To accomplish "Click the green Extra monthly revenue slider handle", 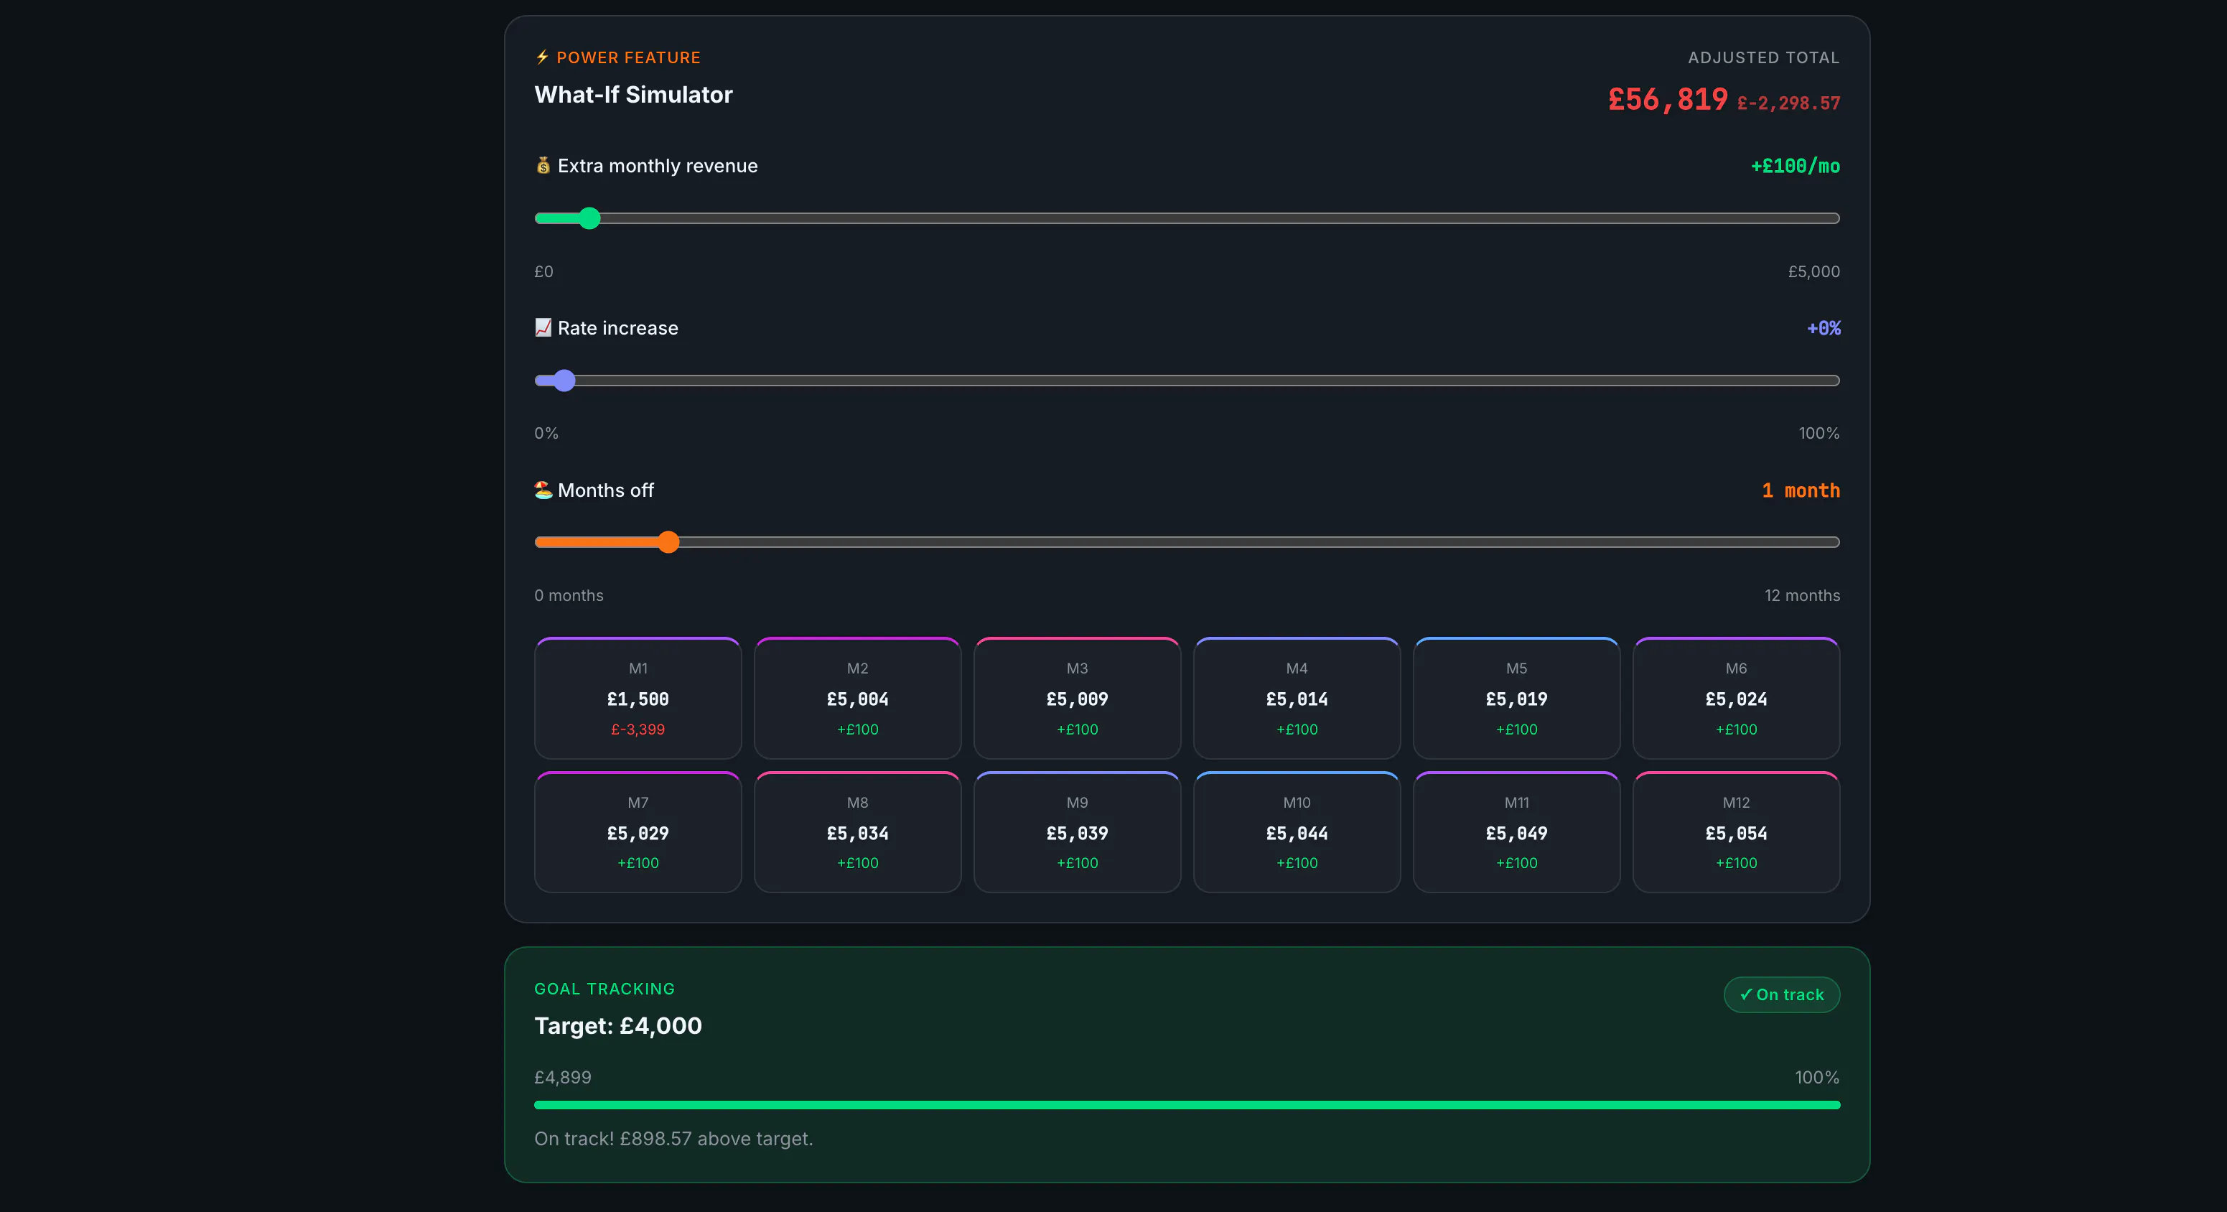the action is [x=589, y=218].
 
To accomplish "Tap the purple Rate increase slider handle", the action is [x=564, y=381].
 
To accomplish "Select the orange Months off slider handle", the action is [x=668, y=542].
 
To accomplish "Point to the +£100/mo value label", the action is [x=1795, y=166].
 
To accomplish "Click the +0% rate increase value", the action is [x=1824, y=329].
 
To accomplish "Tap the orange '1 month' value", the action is [x=1801, y=490].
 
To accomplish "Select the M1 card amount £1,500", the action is [x=638, y=699].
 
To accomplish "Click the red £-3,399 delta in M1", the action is [x=638, y=729].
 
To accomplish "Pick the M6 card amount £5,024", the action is [x=1736, y=699].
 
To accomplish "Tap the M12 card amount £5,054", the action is [x=1736, y=834].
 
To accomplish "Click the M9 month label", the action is [x=1077, y=802].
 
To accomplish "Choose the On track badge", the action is [x=1782, y=995].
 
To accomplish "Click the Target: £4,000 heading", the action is [x=618, y=1026].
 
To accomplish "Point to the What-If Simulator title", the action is [x=634, y=95].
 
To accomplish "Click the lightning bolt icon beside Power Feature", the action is [x=542, y=57].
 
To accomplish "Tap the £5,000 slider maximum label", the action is [x=1813, y=271].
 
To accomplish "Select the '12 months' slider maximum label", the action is [x=1802, y=596].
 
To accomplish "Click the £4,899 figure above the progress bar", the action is [x=563, y=1077].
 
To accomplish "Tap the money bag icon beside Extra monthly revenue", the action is [x=543, y=165].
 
